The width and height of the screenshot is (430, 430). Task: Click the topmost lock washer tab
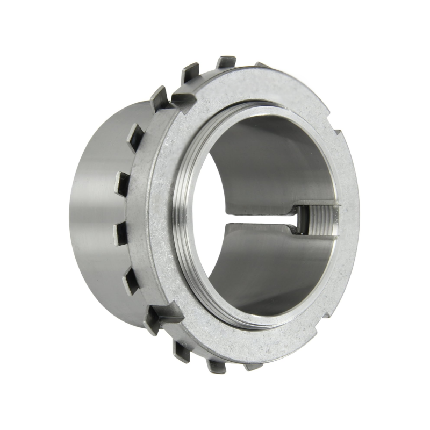point(226,62)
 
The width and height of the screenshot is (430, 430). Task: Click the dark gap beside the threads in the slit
point(304,220)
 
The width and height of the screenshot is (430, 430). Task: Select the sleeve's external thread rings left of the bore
point(180,215)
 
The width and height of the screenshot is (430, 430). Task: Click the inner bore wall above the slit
point(269,161)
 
